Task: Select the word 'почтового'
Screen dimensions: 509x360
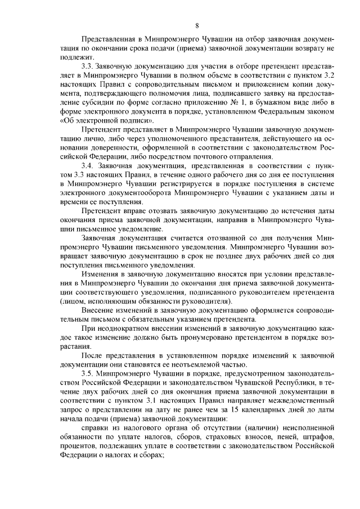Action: pos(233,156)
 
